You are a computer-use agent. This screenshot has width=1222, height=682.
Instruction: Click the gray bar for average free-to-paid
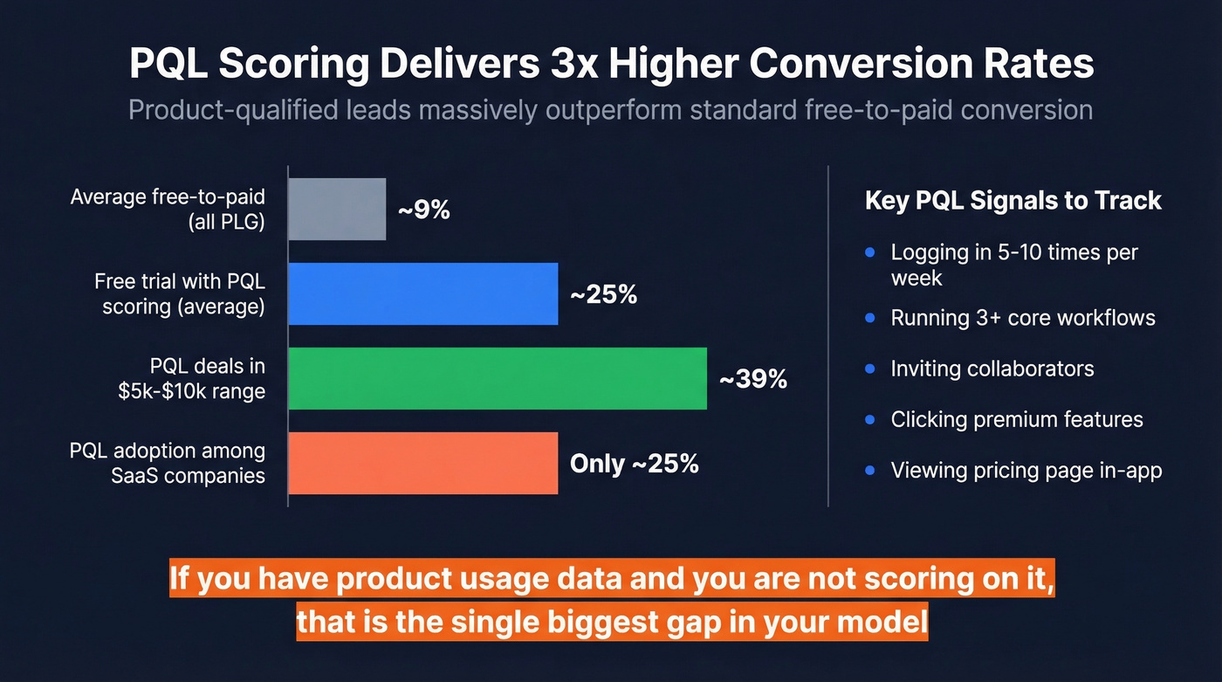pyautogui.click(x=337, y=210)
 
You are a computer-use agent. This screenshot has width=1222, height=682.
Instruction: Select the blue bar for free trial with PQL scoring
pyautogui.click(x=423, y=294)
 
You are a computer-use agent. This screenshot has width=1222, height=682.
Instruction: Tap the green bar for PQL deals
pyautogui.click(x=498, y=379)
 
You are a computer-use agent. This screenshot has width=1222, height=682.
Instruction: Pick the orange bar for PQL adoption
pyautogui.click(x=423, y=464)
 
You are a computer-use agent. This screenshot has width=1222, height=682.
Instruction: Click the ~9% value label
pyautogui.click(x=423, y=210)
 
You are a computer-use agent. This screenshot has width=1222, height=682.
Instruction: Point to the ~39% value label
pyautogui.click(x=752, y=380)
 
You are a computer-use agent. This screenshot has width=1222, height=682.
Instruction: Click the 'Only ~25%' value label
pyautogui.click(x=634, y=464)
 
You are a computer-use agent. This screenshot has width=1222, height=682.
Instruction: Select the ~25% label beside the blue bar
pyautogui.click(x=603, y=295)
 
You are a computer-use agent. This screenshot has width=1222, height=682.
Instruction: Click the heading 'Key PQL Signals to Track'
pyautogui.click(x=1013, y=201)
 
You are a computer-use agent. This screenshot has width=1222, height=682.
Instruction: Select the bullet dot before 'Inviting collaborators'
pyautogui.click(x=869, y=369)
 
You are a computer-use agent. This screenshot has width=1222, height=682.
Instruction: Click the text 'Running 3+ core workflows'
pyautogui.click(x=1022, y=318)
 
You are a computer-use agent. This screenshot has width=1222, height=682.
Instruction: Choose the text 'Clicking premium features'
pyautogui.click(x=1016, y=420)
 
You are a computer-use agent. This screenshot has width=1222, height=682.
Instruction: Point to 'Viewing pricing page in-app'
pyautogui.click(x=1026, y=471)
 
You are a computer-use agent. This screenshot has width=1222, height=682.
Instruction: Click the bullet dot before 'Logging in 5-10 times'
pyautogui.click(x=869, y=253)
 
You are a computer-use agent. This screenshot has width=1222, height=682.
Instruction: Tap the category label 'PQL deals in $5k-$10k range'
pyautogui.click(x=191, y=379)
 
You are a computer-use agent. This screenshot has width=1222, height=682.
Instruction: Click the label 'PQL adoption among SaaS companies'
pyautogui.click(x=168, y=464)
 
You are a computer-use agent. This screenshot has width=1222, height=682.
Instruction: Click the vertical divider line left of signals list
pyautogui.click(x=827, y=336)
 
